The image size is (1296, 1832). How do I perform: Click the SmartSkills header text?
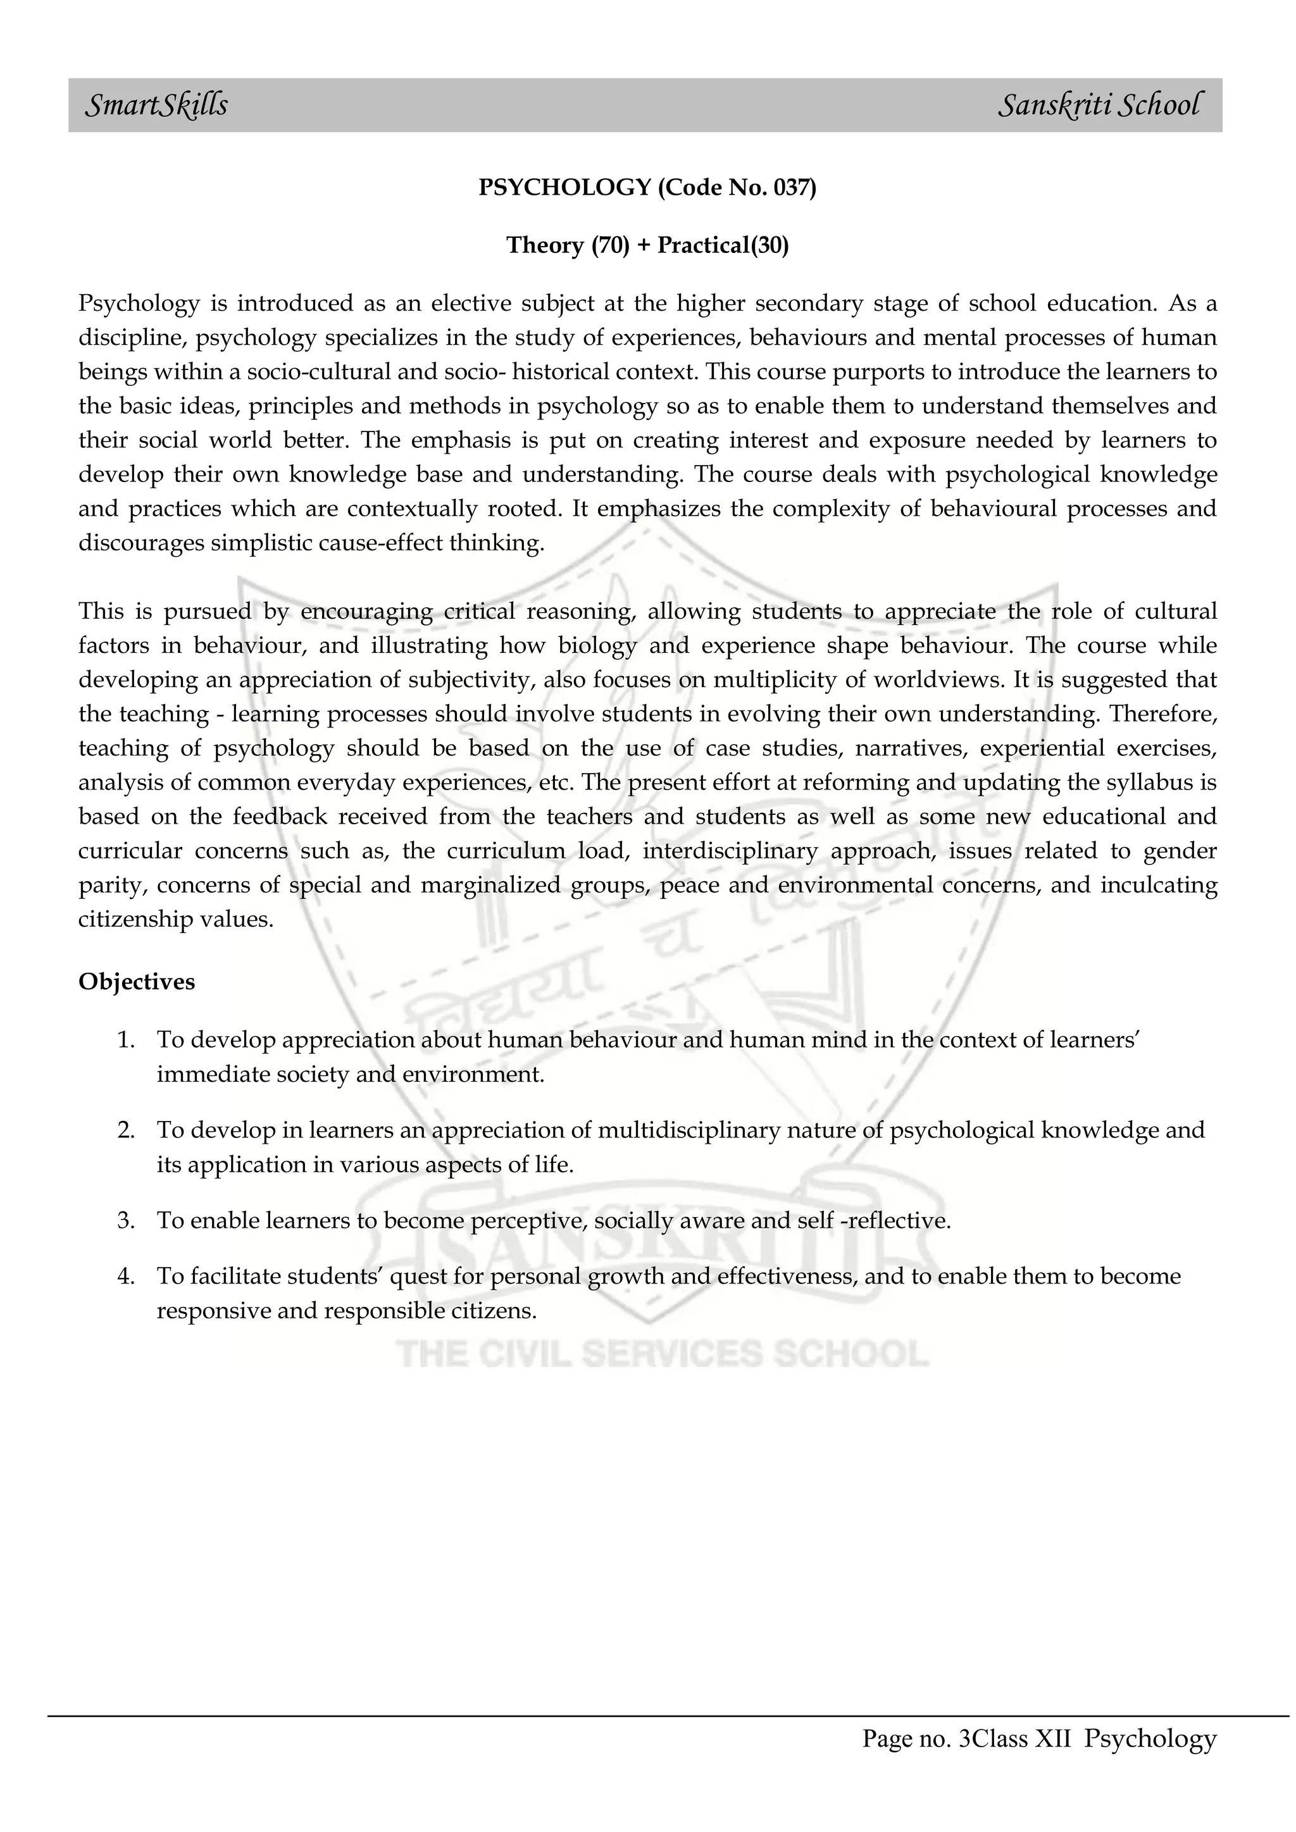tap(156, 105)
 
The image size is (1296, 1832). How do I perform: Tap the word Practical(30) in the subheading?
tap(723, 245)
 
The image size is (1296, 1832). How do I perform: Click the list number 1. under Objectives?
tap(125, 1041)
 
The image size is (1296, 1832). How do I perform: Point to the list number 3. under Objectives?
tap(125, 1221)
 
